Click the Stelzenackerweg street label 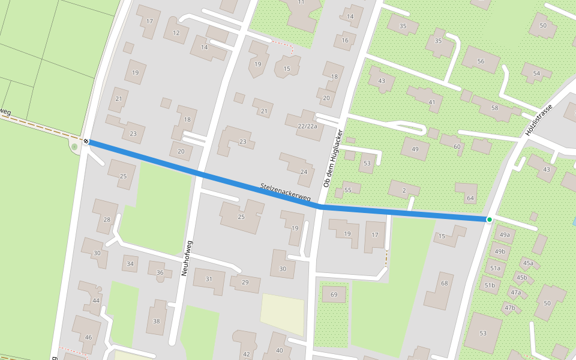pos(286,192)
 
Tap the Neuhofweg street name pos(187,258)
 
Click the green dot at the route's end pos(490,220)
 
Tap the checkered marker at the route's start pos(87,142)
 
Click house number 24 pos(304,172)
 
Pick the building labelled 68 pos(444,283)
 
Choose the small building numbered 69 pos(334,295)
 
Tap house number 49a pos(504,235)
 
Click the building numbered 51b pos(490,285)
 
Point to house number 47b pos(510,308)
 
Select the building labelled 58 pos(494,108)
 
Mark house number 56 pos(481,61)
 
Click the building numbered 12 pos(176,33)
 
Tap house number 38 pos(157,321)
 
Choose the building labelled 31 pos(209,279)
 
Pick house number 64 pos(470,198)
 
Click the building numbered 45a pos(528,263)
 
